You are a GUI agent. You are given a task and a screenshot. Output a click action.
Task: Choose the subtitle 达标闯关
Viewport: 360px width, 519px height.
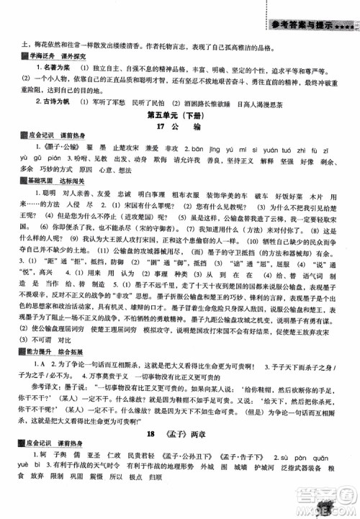75,185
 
